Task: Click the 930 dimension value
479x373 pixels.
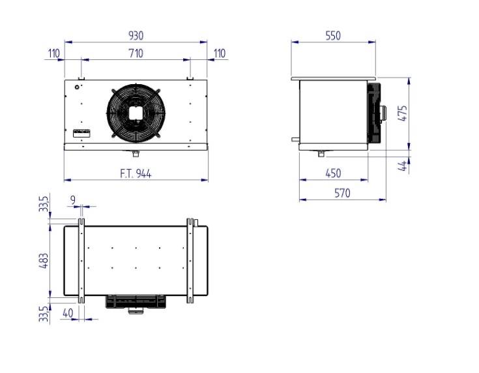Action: [x=136, y=36]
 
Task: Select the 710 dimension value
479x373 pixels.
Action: [x=136, y=53]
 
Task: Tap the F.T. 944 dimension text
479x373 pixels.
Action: [x=136, y=174]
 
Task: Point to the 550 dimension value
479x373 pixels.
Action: [x=333, y=36]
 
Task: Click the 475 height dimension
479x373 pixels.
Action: [x=403, y=113]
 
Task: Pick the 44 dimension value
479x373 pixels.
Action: [x=403, y=166]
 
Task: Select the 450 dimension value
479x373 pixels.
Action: [x=333, y=173]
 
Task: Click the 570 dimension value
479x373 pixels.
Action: [x=342, y=193]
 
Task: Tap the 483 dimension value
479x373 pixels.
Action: [x=44, y=261]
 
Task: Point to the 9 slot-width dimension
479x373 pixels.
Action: [x=73, y=200]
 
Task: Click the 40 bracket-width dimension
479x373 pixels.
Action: [x=68, y=313]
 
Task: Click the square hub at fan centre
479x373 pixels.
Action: [x=136, y=113]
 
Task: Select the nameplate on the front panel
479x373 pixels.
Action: [x=82, y=133]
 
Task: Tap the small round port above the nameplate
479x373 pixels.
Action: [x=77, y=87]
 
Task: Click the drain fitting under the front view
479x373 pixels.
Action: [x=136, y=153]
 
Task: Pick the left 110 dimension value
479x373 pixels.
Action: [x=53, y=53]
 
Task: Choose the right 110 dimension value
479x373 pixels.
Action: [x=220, y=53]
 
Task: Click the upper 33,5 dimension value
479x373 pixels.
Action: [x=44, y=203]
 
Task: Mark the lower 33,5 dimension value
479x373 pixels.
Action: [x=44, y=314]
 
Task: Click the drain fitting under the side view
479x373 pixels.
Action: [x=321, y=153]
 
